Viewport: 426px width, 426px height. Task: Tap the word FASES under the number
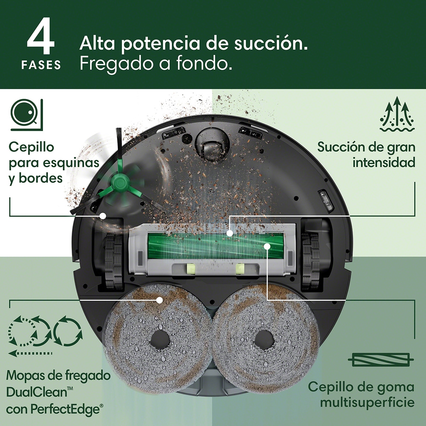click(41, 65)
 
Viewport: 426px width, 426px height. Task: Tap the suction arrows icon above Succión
click(397, 115)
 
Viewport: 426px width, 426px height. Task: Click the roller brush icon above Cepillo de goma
click(381, 360)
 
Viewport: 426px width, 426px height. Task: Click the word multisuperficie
click(367, 402)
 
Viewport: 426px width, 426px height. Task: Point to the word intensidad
click(383, 162)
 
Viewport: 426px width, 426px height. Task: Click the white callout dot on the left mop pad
click(159, 300)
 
